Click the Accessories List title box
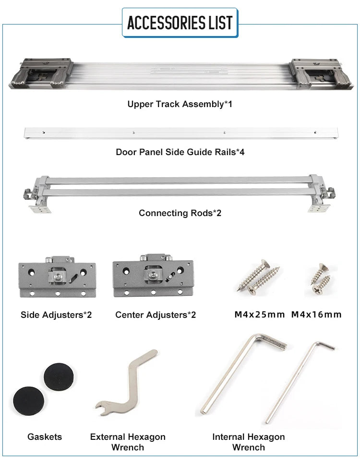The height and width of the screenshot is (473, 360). [x=180, y=23]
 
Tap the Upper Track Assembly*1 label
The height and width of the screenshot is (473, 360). [x=180, y=104]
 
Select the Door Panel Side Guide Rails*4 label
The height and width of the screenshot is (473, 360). [x=180, y=152]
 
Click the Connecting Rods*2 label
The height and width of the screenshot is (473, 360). [x=180, y=213]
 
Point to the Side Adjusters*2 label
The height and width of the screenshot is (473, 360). [x=56, y=315]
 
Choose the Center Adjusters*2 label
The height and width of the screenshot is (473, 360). [x=156, y=315]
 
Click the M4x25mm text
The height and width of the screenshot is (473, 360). [x=260, y=315]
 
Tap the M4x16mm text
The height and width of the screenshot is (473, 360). [x=316, y=315]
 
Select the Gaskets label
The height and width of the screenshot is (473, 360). [x=45, y=437]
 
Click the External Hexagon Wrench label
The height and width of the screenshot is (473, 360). [x=128, y=442]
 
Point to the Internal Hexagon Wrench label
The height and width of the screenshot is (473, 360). [x=249, y=442]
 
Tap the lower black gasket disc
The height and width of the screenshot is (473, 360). [x=29, y=401]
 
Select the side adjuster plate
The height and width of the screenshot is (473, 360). [x=57, y=277]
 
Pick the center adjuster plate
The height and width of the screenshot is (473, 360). [x=153, y=276]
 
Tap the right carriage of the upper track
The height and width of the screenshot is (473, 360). [x=321, y=73]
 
